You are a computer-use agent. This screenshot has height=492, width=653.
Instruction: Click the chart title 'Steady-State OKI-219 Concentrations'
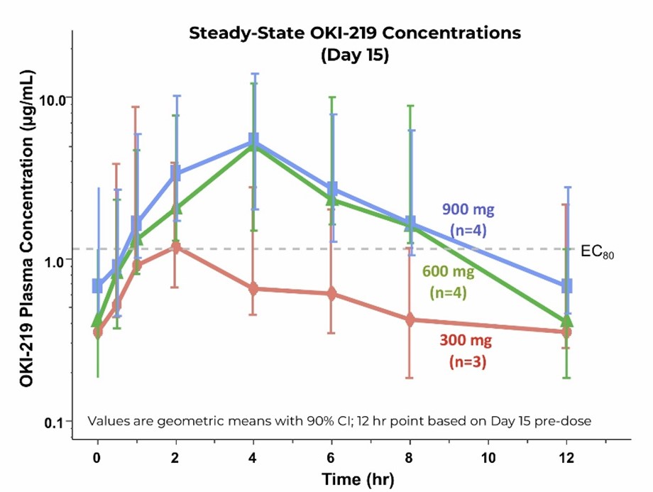click(354, 33)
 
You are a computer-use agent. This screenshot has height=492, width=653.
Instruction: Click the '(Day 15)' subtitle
click(354, 55)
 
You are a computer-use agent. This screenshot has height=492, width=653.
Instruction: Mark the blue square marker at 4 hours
click(253, 139)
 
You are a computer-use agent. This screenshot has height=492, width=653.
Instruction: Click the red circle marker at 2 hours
click(175, 247)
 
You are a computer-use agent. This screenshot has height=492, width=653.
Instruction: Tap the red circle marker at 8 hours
click(410, 320)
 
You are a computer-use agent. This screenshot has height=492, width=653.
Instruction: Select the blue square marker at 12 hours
click(566, 286)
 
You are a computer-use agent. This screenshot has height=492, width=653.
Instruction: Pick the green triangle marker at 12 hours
click(566, 321)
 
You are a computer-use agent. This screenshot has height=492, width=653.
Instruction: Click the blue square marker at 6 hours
click(331, 189)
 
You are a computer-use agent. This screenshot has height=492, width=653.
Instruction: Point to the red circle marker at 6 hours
click(331, 293)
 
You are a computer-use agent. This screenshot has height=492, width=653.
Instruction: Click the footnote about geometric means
click(339, 420)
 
